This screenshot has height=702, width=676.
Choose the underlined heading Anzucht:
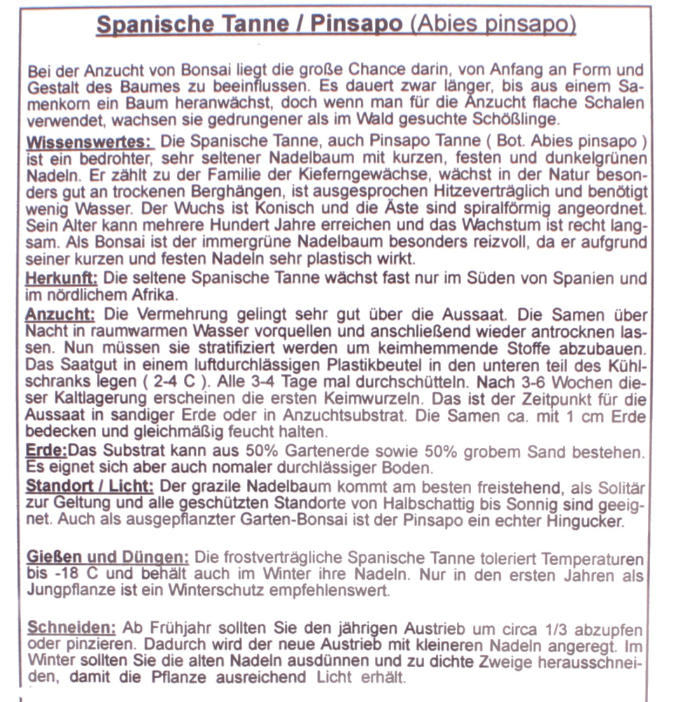[x=59, y=312]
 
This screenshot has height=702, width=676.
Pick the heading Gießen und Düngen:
[x=108, y=558]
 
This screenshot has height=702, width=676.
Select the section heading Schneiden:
[x=70, y=627]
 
